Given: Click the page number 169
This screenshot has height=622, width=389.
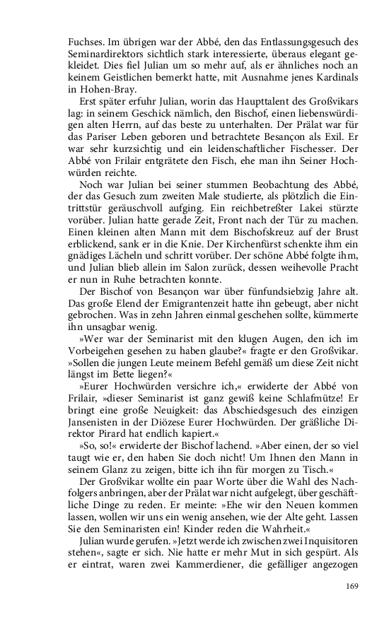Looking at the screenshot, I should [x=352, y=585].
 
